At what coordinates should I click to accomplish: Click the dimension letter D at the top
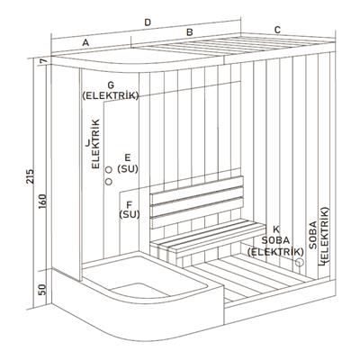tap(147, 22)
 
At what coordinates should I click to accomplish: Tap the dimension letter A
tap(85, 43)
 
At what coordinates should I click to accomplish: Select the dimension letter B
tap(189, 32)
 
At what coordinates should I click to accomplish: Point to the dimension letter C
tap(277, 30)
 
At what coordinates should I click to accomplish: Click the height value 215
tap(31, 176)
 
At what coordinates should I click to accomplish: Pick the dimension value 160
tap(42, 202)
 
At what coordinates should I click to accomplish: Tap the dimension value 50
tap(42, 290)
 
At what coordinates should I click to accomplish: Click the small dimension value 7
tap(43, 61)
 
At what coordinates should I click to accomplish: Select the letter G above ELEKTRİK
tap(111, 85)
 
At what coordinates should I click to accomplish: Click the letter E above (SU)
tap(128, 157)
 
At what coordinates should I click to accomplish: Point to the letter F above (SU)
tap(130, 205)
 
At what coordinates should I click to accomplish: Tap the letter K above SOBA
tap(276, 229)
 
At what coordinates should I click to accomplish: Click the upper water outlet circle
tap(109, 170)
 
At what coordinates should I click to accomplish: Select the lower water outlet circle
tap(109, 182)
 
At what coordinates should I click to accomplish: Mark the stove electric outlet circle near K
tap(300, 262)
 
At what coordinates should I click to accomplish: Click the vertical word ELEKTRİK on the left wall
tap(95, 144)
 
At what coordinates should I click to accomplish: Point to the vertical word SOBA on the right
tap(313, 235)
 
